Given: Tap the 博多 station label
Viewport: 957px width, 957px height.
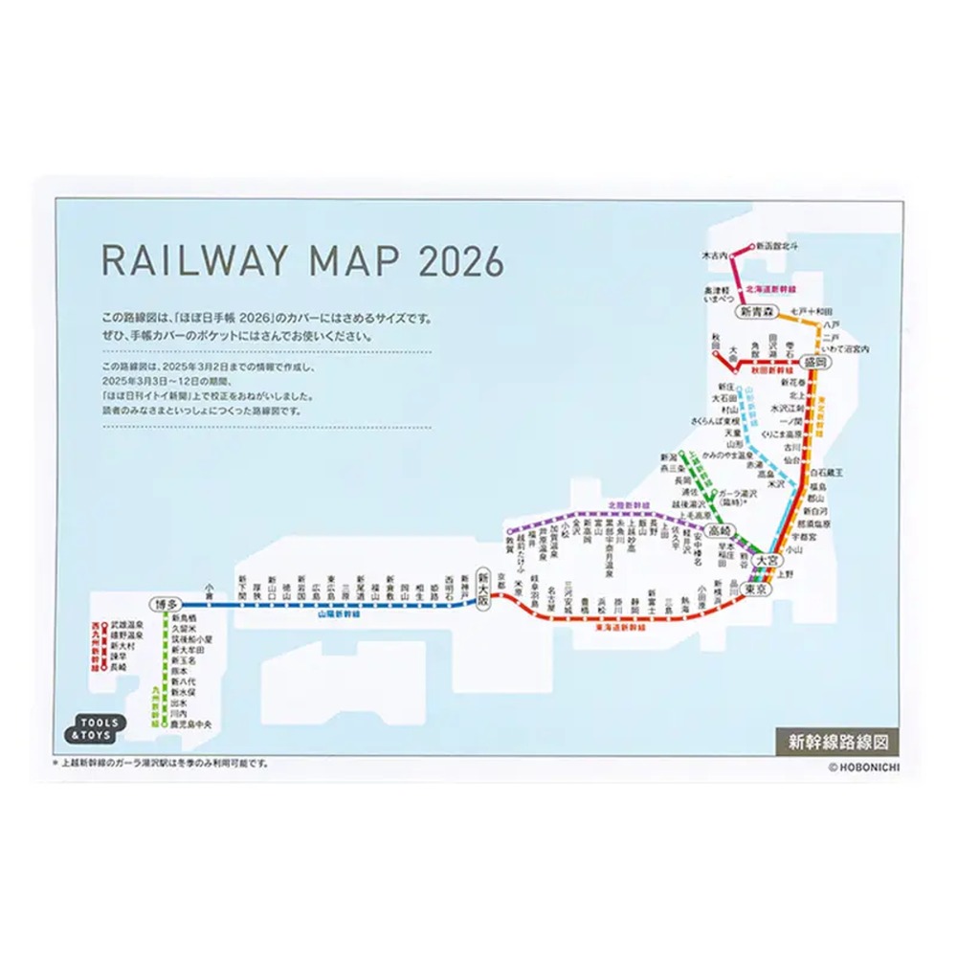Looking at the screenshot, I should (x=165, y=605).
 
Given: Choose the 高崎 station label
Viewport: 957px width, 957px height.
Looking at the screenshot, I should (x=718, y=530).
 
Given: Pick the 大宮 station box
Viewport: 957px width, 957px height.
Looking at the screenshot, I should (x=767, y=560).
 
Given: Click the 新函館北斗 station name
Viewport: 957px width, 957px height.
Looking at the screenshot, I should (x=776, y=246).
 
